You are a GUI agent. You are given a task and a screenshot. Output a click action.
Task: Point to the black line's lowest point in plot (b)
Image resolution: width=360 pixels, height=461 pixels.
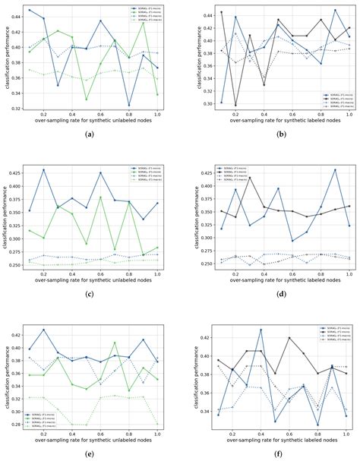[235, 105]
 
